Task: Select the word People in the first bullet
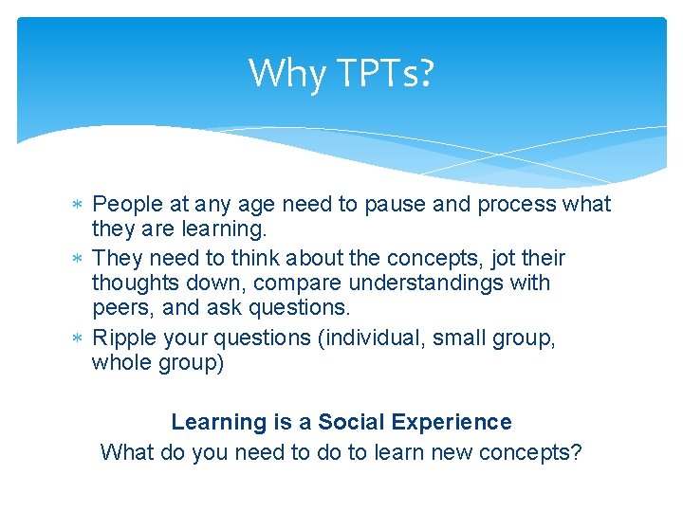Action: (x=128, y=205)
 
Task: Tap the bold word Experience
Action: (x=452, y=423)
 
